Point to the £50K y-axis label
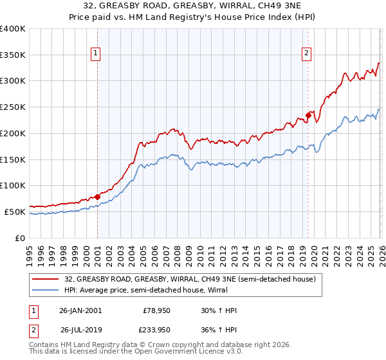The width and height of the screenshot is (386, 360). tap(15, 212)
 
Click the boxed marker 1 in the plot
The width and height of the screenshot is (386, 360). tap(95, 53)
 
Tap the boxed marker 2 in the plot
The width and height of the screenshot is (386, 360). tap(306, 53)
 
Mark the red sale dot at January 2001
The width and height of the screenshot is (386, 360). tap(98, 197)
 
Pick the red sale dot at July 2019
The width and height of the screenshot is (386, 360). tap(308, 116)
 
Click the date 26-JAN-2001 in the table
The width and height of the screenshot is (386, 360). tap(80, 310)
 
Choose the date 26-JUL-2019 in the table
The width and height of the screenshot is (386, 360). tap(80, 330)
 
